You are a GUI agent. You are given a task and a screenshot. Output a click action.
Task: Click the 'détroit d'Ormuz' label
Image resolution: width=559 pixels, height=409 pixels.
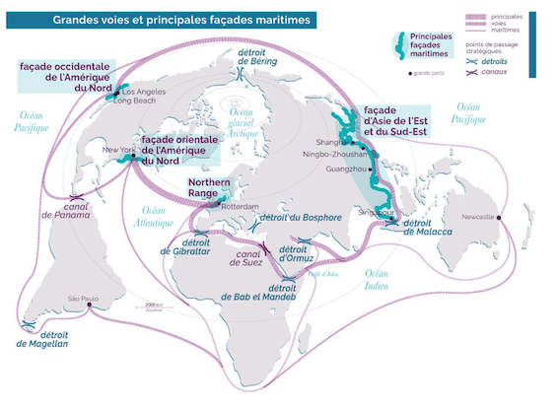(x=295, y=255)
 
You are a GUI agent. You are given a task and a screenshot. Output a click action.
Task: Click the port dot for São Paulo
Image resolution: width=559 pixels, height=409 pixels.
(x=90, y=305)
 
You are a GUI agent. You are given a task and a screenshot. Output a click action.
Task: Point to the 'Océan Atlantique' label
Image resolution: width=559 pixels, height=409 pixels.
(x=154, y=217)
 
